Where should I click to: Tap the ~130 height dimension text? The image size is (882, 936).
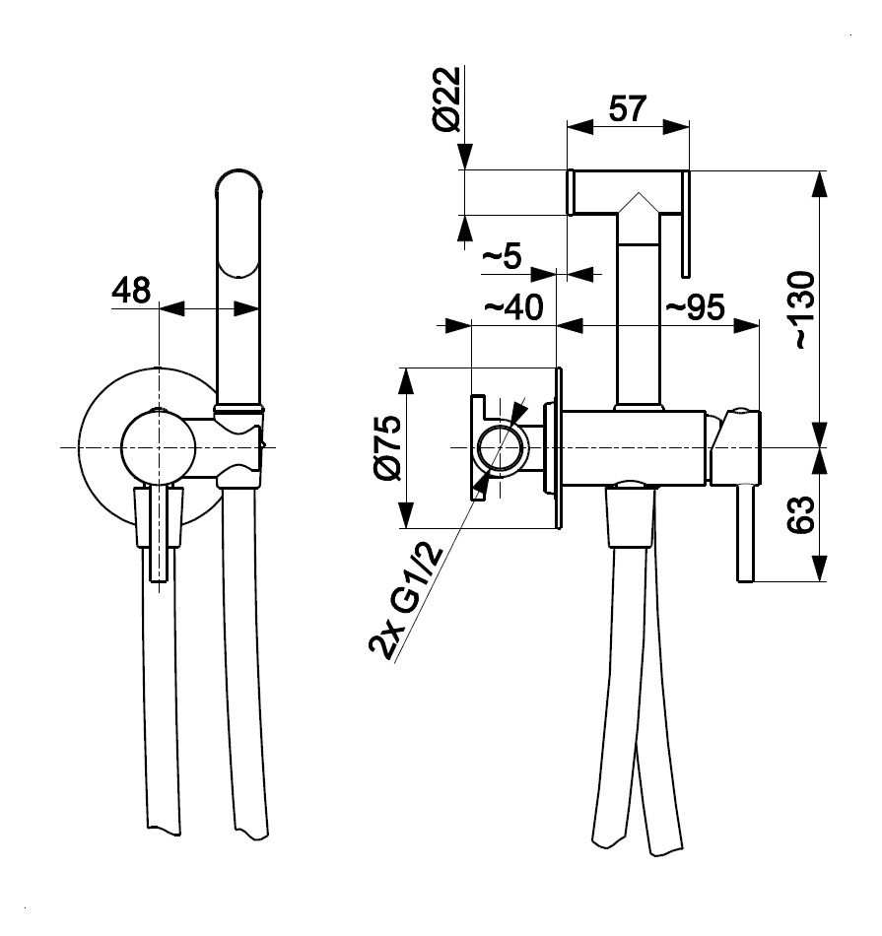(x=803, y=307)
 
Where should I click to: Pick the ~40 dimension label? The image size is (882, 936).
(x=512, y=307)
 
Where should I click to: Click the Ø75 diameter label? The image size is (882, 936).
(x=387, y=448)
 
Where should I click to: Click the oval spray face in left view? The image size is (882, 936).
(x=238, y=227)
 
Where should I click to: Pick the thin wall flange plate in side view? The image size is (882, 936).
(x=559, y=448)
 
